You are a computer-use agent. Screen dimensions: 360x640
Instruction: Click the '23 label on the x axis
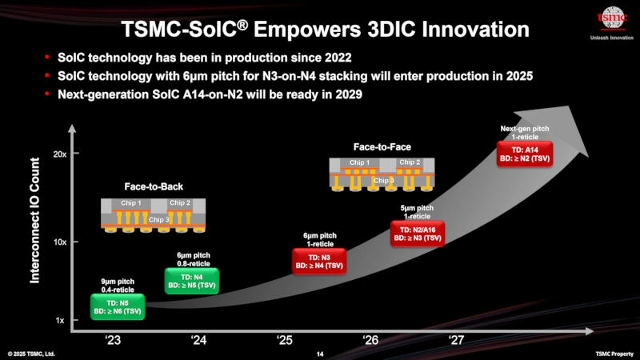(113, 340)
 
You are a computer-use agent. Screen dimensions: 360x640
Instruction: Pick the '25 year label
(284, 340)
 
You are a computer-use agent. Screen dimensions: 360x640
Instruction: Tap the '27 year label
(456, 340)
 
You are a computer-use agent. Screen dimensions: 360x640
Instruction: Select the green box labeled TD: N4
(192, 280)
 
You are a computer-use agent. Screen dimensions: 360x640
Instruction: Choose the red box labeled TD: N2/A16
(416, 234)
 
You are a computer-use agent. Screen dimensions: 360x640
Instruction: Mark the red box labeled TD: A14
(523, 154)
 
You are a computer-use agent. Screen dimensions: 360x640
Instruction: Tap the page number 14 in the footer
(320, 354)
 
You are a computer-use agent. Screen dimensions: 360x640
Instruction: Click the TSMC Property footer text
(614, 354)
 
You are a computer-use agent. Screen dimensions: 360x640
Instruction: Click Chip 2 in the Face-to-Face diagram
(410, 162)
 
